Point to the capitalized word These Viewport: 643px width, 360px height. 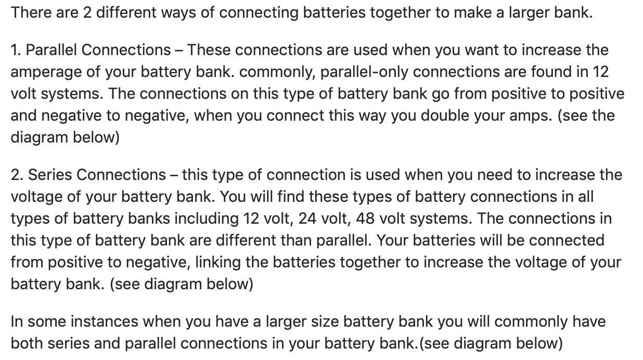tap(209, 50)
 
